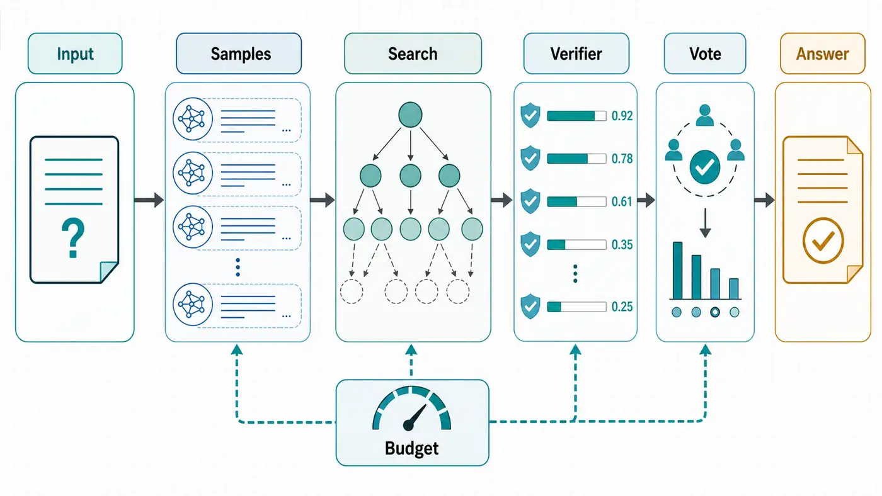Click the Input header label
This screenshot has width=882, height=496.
coord(75,54)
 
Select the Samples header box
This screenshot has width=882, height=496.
coord(239,54)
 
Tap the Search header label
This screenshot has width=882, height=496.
coord(413,54)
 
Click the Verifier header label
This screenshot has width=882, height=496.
coord(576,54)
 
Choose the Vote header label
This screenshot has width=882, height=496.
coord(705,54)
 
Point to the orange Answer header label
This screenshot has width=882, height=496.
coord(823,54)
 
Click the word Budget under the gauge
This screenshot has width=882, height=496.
coord(411,448)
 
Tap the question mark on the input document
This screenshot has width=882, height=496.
coord(73,238)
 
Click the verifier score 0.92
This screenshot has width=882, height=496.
coord(622,116)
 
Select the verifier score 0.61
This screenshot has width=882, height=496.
coord(622,201)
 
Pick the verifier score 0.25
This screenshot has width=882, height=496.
coord(622,307)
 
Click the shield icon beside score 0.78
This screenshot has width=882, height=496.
coord(530,158)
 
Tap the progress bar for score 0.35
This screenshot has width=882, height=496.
coord(577,245)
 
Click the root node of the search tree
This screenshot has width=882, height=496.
coord(410,115)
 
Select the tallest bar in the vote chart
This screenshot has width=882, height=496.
coord(678,271)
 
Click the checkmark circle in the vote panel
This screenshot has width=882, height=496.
coord(705,167)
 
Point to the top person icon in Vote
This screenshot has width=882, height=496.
coord(705,115)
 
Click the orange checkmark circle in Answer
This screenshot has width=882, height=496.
coord(823,240)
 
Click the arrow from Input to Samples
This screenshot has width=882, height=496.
coord(149,200)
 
